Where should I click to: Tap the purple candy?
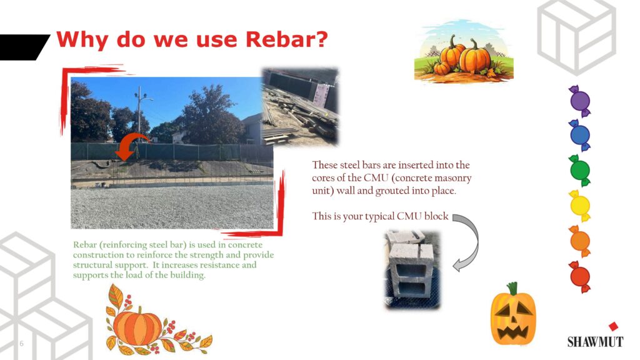tap(579, 101)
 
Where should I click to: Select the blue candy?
tap(579, 135)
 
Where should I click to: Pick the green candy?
tap(579, 171)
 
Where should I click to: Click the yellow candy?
tap(579, 206)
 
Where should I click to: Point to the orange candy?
tap(579, 241)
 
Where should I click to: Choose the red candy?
tap(579, 277)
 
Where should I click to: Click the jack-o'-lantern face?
tap(513, 314)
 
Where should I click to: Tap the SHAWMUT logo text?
tap(595, 342)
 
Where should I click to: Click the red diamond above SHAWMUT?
tap(613, 326)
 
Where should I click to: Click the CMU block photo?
tap(412, 269)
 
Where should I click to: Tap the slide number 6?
tap(22, 344)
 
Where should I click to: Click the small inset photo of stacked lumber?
tap(301, 107)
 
